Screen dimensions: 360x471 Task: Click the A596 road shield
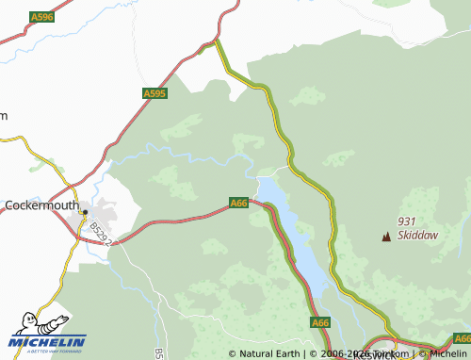coord(41,17)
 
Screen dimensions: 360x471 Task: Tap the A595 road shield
coord(154,93)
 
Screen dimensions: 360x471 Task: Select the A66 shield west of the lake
coord(238,203)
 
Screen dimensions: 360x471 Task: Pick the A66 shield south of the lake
coord(320,322)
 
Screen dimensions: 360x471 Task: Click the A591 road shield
coord(461,338)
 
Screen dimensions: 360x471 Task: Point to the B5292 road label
coord(102,235)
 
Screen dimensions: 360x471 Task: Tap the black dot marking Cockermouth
coord(85,212)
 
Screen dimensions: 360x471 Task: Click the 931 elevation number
coord(407,221)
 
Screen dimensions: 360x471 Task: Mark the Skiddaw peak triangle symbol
coord(384,236)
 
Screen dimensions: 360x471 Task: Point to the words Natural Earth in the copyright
coord(266,353)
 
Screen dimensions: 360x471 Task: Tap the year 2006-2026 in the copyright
coord(337,353)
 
